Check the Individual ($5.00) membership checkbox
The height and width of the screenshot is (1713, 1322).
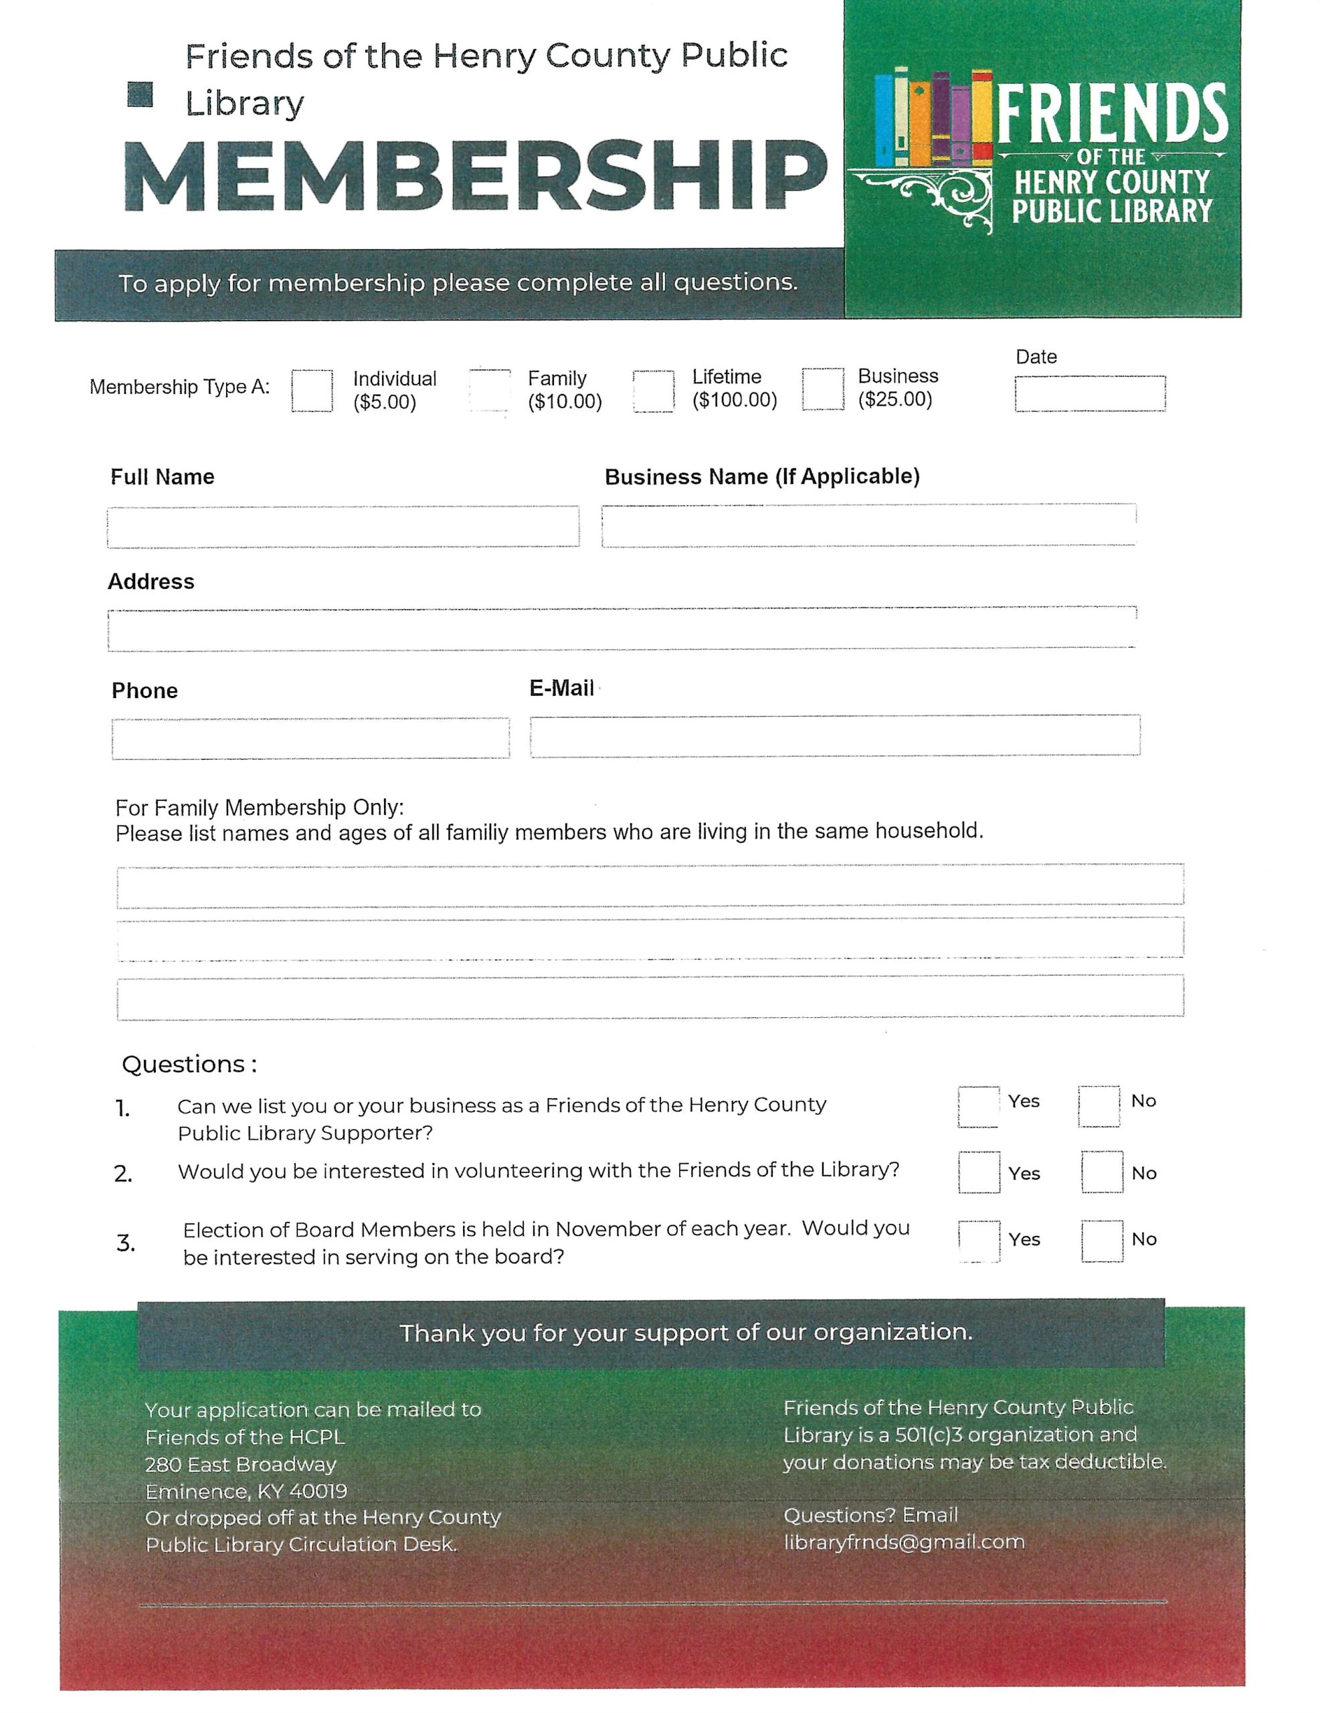(x=311, y=391)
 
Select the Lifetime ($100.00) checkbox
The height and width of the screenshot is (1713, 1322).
(x=653, y=390)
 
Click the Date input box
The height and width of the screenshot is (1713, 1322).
(x=1089, y=393)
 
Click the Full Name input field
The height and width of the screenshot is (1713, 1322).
(x=343, y=527)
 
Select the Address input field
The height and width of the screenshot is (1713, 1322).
(x=621, y=629)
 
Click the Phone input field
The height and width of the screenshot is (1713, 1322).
(x=310, y=738)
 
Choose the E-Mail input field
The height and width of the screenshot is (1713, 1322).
(x=834, y=735)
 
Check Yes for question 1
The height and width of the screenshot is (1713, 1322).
(x=979, y=1107)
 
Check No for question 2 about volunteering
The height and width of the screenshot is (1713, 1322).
(x=1102, y=1172)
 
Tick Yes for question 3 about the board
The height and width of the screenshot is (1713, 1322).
(x=979, y=1241)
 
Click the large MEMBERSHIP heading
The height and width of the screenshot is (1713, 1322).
(x=475, y=177)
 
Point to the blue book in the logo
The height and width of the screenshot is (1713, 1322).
(x=884, y=119)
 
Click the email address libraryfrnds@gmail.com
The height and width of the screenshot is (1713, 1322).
(x=903, y=1542)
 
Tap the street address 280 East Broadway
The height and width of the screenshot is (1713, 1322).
(x=240, y=1464)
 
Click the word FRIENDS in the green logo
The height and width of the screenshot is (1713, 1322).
(x=1111, y=114)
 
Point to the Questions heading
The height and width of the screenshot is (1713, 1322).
(x=188, y=1065)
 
